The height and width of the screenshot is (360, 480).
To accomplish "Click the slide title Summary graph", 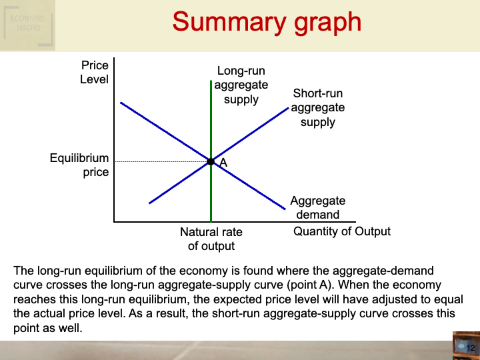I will [x=267, y=22].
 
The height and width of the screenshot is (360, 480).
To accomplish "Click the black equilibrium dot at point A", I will [x=211, y=161].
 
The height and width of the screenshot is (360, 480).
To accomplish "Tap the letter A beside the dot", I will [x=223, y=163].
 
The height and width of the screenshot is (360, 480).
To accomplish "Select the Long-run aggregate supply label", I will [x=241, y=85].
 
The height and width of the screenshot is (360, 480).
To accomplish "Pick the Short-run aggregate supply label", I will [x=318, y=107].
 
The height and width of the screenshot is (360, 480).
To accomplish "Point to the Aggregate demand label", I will [x=318, y=207].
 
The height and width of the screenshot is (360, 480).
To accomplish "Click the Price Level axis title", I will [x=95, y=72].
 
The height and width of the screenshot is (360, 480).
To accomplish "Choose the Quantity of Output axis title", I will [x=342, y=231].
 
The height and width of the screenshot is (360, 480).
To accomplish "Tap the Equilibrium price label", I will [x=79, y=165].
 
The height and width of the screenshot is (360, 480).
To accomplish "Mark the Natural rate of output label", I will [x=211, y=239].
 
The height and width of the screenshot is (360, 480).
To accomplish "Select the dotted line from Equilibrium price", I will [x=160, y=161].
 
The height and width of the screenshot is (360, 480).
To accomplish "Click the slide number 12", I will [x=470, y=348].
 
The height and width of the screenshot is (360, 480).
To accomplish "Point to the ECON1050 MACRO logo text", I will [x=26, y=24].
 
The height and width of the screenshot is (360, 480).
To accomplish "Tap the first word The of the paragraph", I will [x=23, y=271].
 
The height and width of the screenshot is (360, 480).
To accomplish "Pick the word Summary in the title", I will [x=219, y=22].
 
